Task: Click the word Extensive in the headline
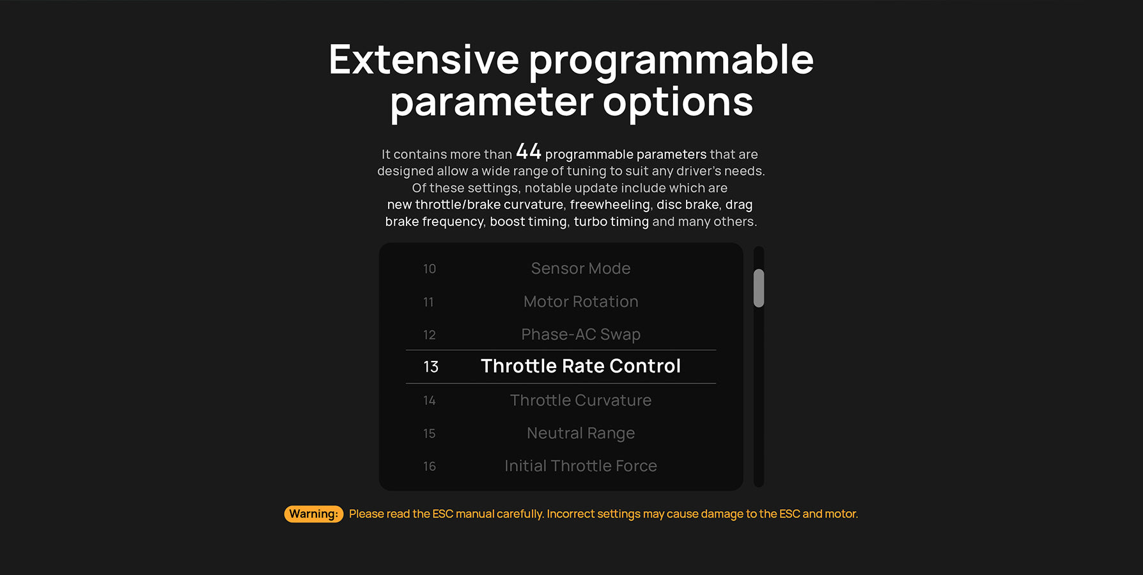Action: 424,59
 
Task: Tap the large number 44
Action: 529,151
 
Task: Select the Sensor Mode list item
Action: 580,268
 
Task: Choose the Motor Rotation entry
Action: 580,302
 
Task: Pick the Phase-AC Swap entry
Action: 580,335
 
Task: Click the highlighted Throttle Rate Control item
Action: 580,366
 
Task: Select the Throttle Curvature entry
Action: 580,401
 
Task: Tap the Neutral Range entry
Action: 580,433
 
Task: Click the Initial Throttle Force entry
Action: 580,466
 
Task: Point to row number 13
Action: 431,367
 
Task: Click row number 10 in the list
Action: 430,269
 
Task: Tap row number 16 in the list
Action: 430,466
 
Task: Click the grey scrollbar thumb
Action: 759,288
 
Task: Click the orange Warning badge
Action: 313,514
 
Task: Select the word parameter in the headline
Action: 492,103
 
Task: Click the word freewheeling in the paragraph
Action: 610,204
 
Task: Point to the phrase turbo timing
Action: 611,221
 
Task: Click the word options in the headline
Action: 678,103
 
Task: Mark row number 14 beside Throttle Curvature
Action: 430,401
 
